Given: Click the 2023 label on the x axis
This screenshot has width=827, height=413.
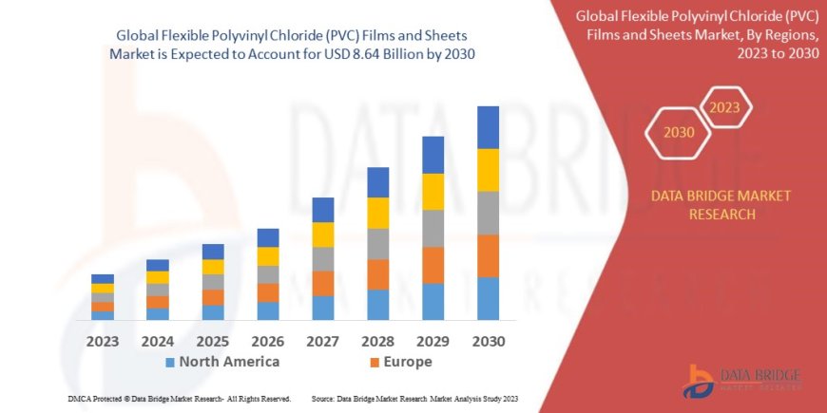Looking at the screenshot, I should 103,340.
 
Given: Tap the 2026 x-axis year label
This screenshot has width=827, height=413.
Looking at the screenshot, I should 268,340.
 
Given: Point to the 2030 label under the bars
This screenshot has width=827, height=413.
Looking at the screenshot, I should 488,340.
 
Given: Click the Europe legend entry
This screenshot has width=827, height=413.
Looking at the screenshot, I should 401,362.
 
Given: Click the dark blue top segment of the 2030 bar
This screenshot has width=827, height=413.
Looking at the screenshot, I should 488,127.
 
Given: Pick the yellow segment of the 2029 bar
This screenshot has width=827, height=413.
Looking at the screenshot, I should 433,192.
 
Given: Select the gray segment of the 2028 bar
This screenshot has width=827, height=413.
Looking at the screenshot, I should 378,244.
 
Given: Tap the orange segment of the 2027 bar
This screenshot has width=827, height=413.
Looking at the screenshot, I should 323,283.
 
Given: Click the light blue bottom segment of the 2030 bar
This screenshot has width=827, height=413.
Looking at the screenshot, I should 488,298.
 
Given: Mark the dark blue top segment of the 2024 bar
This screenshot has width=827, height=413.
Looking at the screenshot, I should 158,265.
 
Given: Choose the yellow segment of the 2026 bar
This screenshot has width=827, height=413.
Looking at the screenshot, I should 268,256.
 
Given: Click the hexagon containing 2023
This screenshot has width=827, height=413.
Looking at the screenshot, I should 725,107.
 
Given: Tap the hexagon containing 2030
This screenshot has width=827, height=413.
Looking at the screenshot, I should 679,133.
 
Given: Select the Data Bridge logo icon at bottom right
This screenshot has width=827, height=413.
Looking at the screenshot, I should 701,381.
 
